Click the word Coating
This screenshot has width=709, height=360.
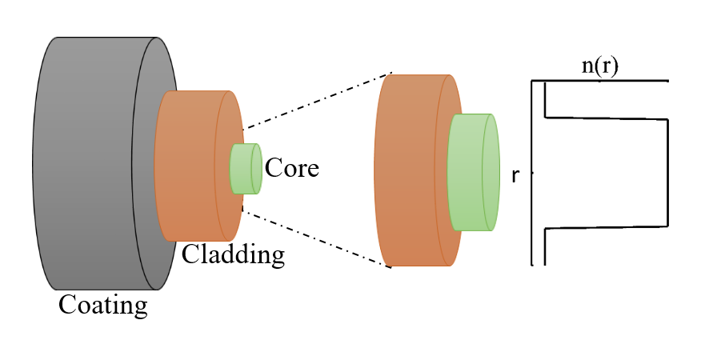point(102,305)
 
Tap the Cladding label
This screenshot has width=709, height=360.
point(233,254)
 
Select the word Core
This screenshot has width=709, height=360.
point(291,168)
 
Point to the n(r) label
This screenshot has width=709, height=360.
point(599,66)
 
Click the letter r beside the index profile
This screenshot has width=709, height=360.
point(515,175)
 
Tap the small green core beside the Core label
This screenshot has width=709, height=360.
point(241,169)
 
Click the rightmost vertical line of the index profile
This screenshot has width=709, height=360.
point(667,172)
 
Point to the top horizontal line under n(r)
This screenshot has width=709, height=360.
point(600,81)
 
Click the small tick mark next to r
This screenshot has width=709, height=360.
point(531,173)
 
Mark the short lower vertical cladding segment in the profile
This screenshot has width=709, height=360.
point(545,246)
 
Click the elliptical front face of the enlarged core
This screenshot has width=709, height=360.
point(491,173)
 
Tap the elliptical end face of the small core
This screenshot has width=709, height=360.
point(256,169)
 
